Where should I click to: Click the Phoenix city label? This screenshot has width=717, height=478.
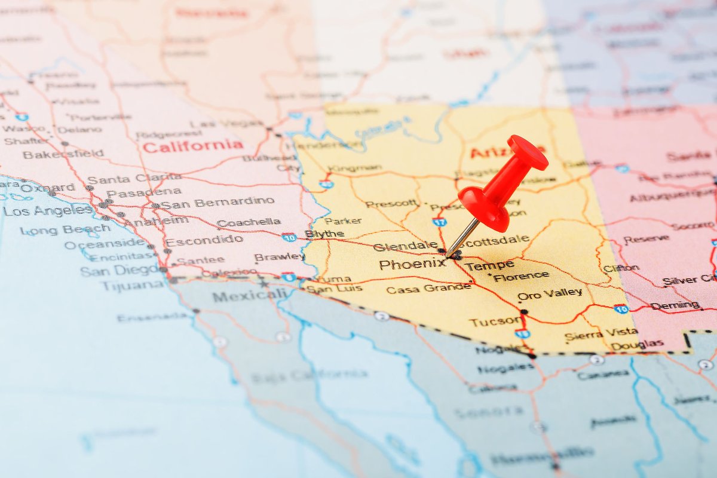point(412,263)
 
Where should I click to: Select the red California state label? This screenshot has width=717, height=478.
point(193,146)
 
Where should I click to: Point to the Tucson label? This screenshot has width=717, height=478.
point(495,322)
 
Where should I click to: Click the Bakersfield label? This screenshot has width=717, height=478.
point(63,154)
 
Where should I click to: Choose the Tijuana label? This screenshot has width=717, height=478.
point(130,286)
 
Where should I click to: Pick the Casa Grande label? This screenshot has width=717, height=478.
point(428,289)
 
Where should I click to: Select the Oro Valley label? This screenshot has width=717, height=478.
point(550,294)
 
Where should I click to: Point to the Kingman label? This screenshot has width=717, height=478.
point(355,168)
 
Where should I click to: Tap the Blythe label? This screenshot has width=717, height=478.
point(324,234)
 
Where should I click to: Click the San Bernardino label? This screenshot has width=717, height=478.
point(218,202)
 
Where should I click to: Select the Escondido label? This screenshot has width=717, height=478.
point(204,241)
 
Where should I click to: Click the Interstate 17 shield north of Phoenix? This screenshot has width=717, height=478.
point(439,222)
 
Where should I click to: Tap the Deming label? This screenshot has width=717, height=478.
point(675,305)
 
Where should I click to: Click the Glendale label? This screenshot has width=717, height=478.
point(405,246)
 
